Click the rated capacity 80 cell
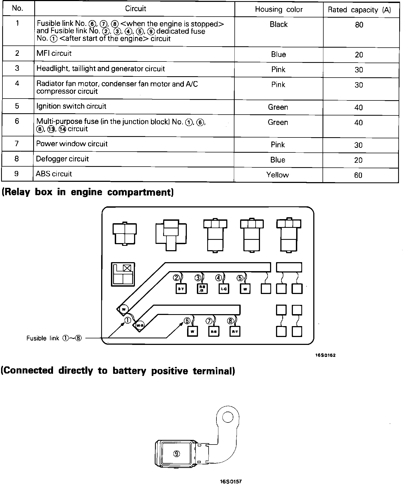pyautogui.click(x=359, y=25)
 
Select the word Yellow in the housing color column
pyautogui.click(x=277, y=175)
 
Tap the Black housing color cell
pyautogui.click(x=278, y=24)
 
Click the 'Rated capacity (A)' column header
pyautogui.click(x=359, y=10)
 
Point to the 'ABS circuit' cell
pyautogui.click(x=54, y=174)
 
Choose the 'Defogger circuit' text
pyautogui.click(x=62, y=159)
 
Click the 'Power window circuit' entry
pyautogui.click(x=72, y=144)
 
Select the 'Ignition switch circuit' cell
pyautogui.click(x=71, y=106)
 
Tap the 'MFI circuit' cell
pyautogui.click(x=54, y=53)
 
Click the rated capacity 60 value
pyautogui.click(x=358, y=175)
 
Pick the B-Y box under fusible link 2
pyautogui.click(x=181, y=289)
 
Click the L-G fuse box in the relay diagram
pyautogui.click(x=224, y=289)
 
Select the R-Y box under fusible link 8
pyautogui.click(x=234, y=331)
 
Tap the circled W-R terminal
pyautogui.click(x=139, y=325)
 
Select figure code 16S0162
pyautogui.click(x=325, y=355)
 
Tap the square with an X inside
pyautogui.click(x=127, y=268)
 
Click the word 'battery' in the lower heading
pyautogui.click(x=129, y=371)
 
